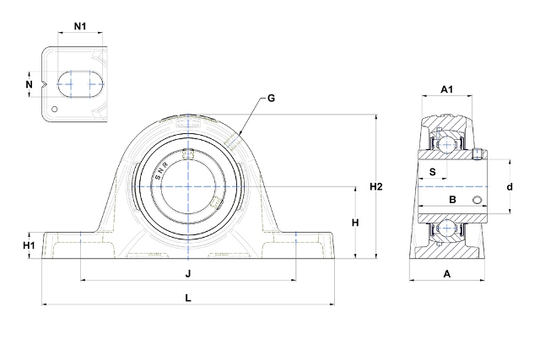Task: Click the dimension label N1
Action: click(x=80, y=26)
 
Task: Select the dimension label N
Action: click(x=29, y=84)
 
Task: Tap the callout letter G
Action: click(x=271, y=99)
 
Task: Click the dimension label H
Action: click(x=355, y=223)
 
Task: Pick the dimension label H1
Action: click(x=29, y=244)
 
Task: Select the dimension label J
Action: click(x=188, y=273)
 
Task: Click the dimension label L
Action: click(x=187, y=298)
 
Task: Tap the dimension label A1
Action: click(x=447, y=90)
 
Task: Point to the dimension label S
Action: click(x=433, y=173)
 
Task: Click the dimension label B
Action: click(x=451, y=200)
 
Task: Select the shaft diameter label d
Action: click(x=510, y=186)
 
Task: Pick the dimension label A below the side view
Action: click(x=447, y=273)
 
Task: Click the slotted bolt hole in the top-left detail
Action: click(x=79, y=83)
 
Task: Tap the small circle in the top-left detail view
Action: click(x=55, y=108)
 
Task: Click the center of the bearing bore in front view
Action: click(x=188, y=185)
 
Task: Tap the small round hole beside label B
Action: click(x=478, y=200)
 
